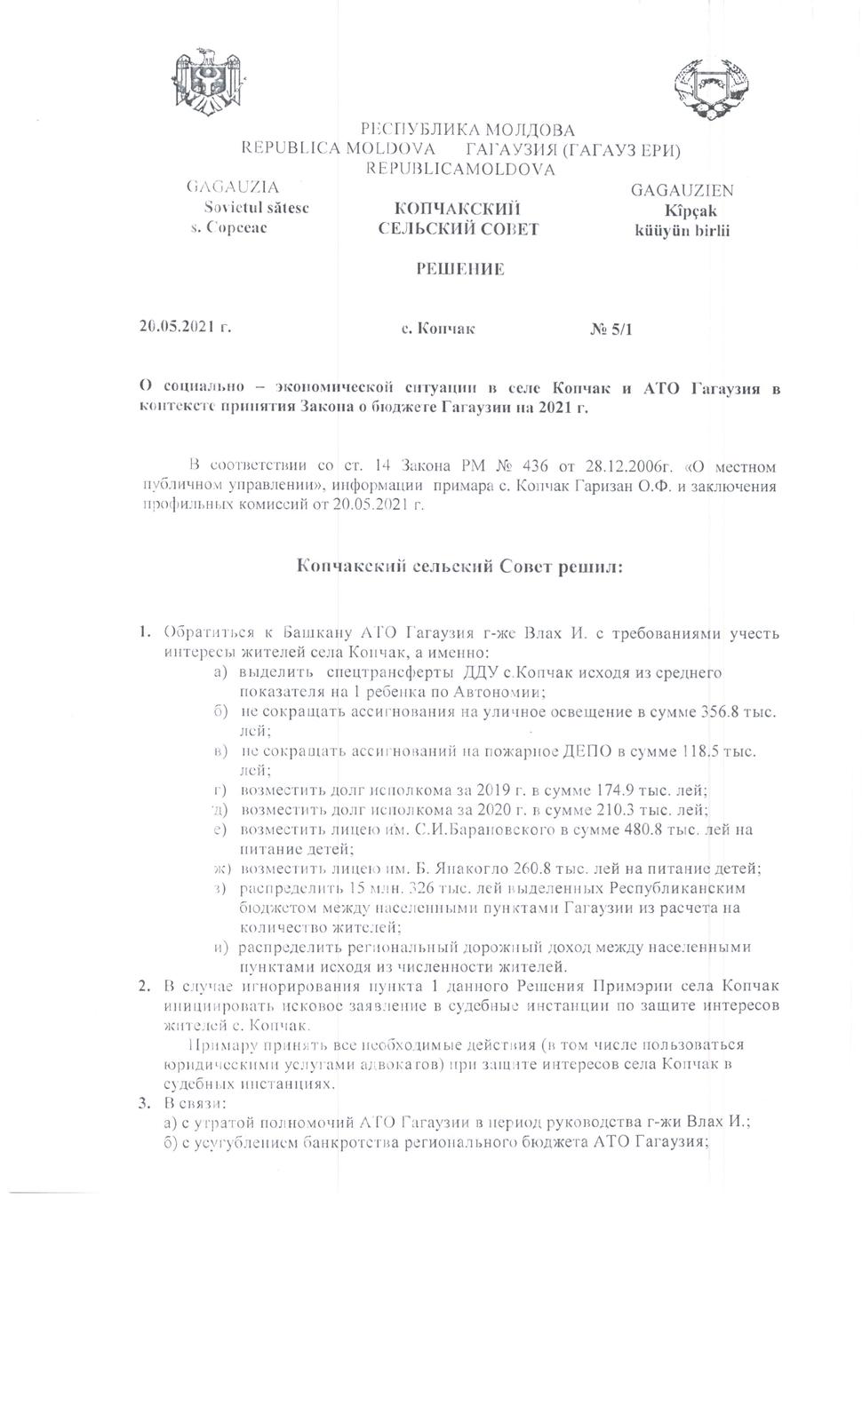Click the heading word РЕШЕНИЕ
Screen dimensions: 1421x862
(x=460, y=269)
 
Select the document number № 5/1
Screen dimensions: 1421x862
(x=612, y=329)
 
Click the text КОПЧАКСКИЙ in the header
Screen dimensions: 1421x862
(x=457, y=209)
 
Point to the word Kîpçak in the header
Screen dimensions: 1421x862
(x=690, y=211)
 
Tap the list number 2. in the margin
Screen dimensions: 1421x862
(x=142, y=986)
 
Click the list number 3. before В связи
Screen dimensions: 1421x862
(x=142, y=1103)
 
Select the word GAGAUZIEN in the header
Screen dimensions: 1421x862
(x=682, y=191)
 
